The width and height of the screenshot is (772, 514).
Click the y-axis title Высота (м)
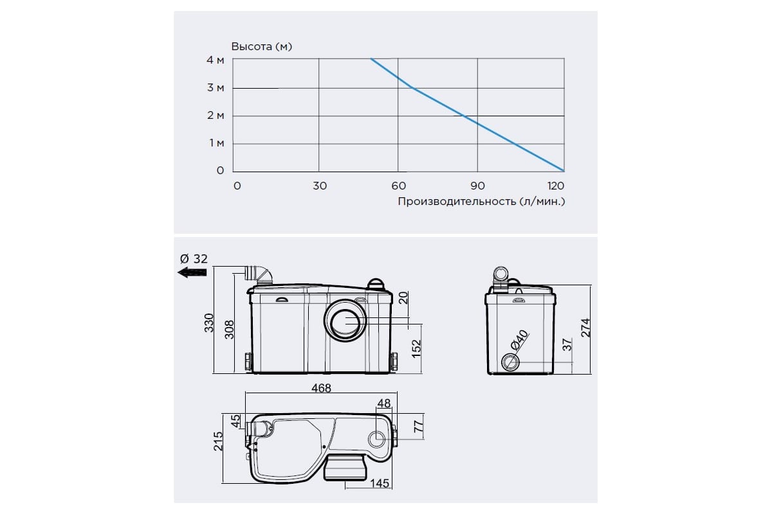pos(262,46)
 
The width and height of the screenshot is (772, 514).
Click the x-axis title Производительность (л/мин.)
pos(481,201)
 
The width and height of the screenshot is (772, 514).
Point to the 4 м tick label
pos(216,60)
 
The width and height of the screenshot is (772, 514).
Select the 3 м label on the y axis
pos(216,88)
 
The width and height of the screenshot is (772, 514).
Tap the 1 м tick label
pos(217,143)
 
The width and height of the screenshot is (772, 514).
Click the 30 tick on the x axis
pos(320,186)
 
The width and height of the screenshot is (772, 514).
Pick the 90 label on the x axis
pos(477,186)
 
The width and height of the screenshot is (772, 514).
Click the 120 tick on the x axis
pos(556,186)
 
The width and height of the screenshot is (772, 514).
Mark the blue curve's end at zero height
pos(564,171)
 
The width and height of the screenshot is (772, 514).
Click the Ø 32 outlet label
pos(194,258)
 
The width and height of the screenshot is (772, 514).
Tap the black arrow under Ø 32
pos(192,272)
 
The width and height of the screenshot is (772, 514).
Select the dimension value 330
pos(209,323)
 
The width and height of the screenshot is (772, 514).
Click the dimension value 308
pos(229,330)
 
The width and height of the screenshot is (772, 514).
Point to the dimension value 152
pos(416,348)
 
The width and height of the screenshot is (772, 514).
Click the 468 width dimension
pos(321,388)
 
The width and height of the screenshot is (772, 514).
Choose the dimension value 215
pos(218,441)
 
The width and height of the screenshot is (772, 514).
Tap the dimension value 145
pos(380,483)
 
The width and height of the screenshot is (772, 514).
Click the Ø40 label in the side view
pos(519,340)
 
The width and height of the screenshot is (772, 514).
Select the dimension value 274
pos(585,328)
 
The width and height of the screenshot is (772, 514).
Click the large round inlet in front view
pos(345,321)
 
